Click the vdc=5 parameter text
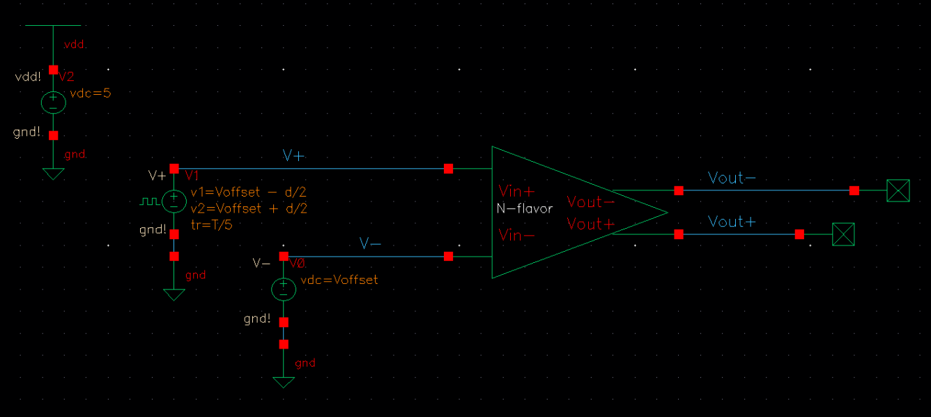(x=90, y=93)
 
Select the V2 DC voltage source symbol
(x=54, y=103)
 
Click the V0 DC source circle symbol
(x=284, y=289)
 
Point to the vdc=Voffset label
(x=339, y=280)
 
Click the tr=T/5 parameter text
(x=210, y=225)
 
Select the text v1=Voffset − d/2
(x=248, y=193)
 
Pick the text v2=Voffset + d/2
(x=248, y=208)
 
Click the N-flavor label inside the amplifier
(x=524, y=208)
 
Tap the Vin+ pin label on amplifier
(x=516, y=190)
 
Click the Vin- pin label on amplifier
(x=516, y=236)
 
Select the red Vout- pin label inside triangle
(x=590, y=202)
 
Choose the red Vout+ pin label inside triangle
(x=590, y=224)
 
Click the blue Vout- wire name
(x=731, y=178)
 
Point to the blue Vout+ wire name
(x=731, y=222)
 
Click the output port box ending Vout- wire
(x=898, y=190)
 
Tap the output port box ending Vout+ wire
(x=843, y=234)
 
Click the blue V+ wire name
(x=293, y=156)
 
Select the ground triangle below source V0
(x=284, y=383)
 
